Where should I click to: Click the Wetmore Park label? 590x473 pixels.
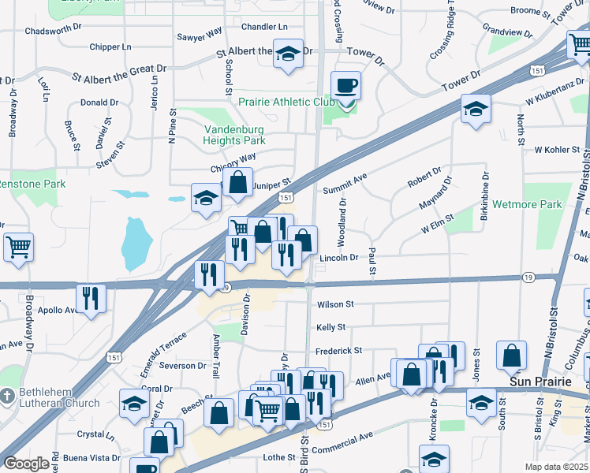click(527, 204)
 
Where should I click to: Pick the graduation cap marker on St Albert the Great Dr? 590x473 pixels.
click(288, 54)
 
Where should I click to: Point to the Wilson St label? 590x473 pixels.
click(335, 304)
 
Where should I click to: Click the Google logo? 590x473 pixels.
click(27, 464)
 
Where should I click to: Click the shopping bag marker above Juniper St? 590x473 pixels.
click(237, 183)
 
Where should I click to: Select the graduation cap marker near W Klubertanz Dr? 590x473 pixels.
click(476, 110)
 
